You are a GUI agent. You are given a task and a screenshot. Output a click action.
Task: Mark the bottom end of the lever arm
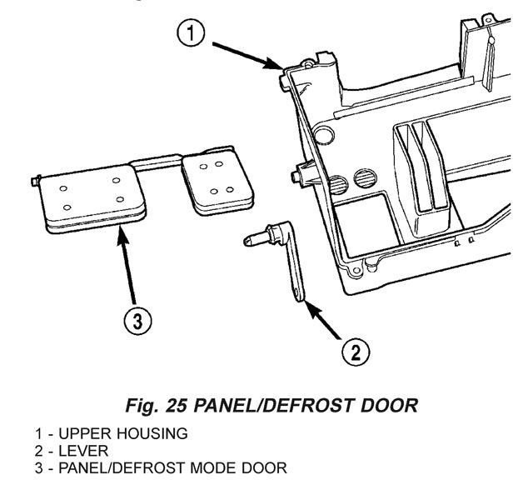pos(301,292)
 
